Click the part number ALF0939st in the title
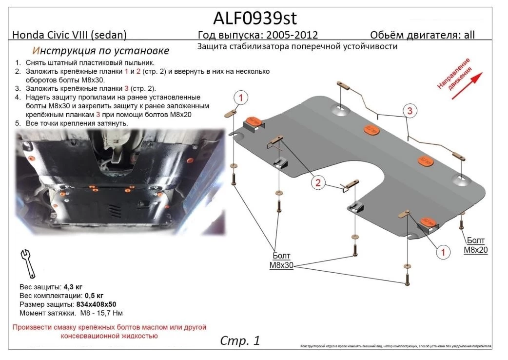254,18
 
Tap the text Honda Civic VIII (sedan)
69,35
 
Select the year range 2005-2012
292,35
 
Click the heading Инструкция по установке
101,51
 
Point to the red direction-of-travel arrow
467,86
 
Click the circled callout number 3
410,111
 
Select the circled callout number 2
318,183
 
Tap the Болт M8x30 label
280,260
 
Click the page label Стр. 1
240,340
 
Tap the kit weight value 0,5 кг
93,295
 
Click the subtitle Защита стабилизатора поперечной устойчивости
297,47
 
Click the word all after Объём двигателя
469,35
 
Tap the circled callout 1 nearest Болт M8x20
443,252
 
